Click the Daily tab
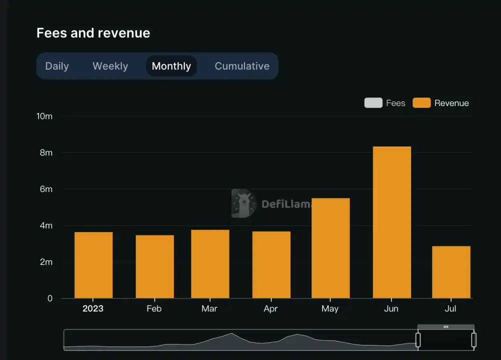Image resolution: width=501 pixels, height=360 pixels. pos(57,66)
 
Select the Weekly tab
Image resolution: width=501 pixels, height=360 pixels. pos(110,66)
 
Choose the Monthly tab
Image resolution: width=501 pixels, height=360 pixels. pos(171,66)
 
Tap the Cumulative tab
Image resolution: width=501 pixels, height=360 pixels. pos(242,66)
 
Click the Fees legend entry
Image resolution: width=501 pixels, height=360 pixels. pos(385,103)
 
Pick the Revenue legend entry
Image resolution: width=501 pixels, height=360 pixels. pos(441,103)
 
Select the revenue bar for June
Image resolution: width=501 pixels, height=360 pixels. pos(392,222)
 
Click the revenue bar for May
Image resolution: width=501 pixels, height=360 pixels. pos(330,248)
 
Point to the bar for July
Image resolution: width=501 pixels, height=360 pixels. pos(451,272)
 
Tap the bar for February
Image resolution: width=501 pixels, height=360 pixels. pos(154,266)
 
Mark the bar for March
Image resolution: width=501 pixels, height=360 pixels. pos(210,264)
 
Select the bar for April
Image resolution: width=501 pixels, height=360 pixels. pos(271,264)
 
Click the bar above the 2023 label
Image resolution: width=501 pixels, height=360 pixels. pos(93,265)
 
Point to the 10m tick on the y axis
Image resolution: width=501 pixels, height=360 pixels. pos(44,116)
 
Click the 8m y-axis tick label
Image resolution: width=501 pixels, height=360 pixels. pos(46,152)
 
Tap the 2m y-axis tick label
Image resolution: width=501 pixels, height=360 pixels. pos(46,262)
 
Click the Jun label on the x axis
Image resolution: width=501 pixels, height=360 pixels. pos(391,308)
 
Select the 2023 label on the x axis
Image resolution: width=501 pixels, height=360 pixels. pos(93,308)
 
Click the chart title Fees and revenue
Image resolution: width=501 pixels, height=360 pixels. pos(93,33)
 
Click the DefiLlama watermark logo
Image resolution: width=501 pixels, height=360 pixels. pos(244,203)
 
